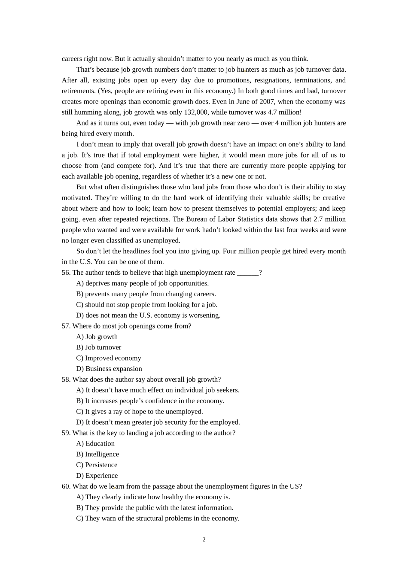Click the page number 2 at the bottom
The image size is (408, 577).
(204, 540)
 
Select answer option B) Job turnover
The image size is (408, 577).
(99, 347)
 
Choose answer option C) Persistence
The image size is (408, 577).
(97, 465)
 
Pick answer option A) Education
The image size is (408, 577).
(95, 443)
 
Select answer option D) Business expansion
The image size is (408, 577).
(109, 369)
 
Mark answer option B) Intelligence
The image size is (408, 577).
(97, 454)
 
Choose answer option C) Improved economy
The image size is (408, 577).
(109, 358)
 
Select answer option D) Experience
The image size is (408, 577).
(97, 476)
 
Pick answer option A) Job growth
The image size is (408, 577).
(97, 337)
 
